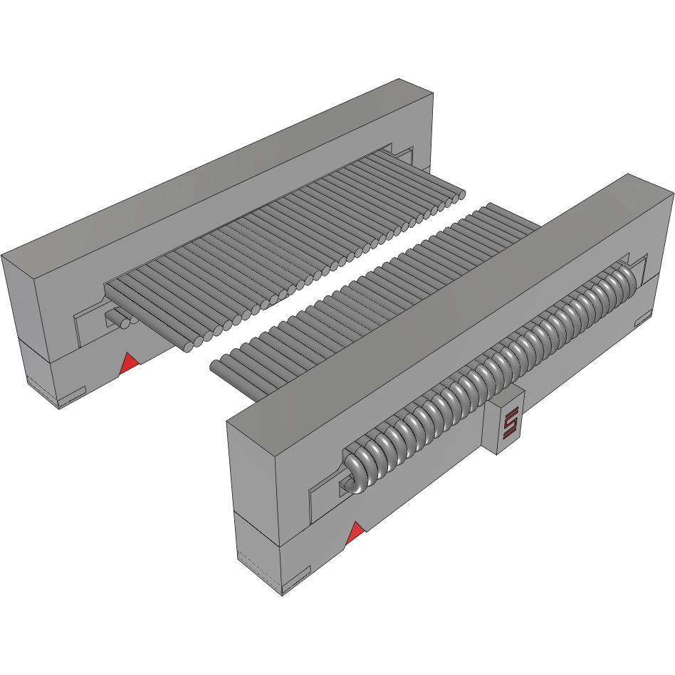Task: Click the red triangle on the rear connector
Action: click(x=129, y=364)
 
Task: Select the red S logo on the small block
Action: click(x=509, y=424)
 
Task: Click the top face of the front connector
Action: click(x=441, y=306)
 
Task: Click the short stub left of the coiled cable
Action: click(x=345, y=485)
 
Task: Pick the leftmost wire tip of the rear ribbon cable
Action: click(x=186, y=347)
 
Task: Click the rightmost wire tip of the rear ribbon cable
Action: click(x=461, y=193)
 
